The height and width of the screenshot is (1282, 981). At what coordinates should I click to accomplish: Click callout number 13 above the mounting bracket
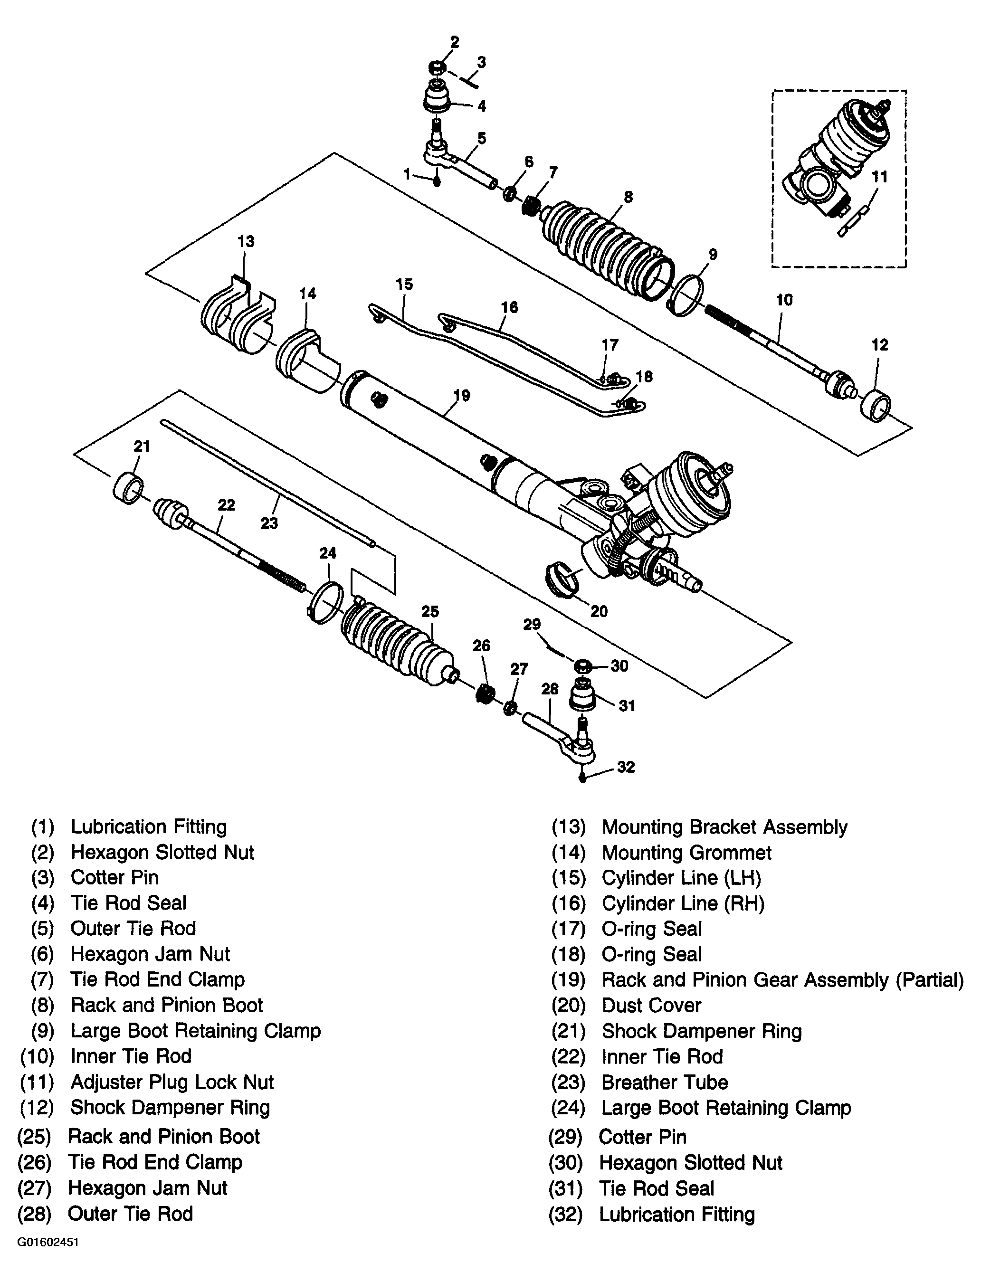(x=246, y=241)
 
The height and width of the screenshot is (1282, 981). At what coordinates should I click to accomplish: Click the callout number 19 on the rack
(x=461, y=395)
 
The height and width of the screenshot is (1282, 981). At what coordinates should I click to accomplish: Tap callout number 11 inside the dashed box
(x=879, y=176)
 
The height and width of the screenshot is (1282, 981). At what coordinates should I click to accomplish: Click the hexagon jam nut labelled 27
(x=509, y=709)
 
